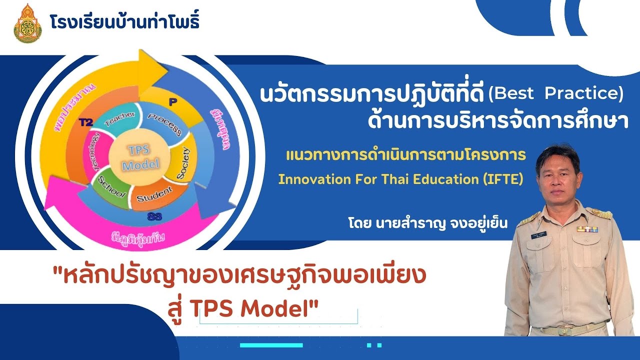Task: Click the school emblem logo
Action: [x=28, y=23]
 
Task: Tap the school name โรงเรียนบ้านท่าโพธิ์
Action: [x=124, y=22]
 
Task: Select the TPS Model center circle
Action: [x=141, y=157]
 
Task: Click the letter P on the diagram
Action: [x=173, y=102]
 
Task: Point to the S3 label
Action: [x=154, y=216]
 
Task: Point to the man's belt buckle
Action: [x=556, y=330]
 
